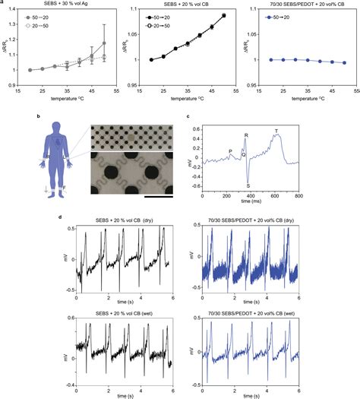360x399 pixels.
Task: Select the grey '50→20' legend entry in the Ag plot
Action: (43, 15)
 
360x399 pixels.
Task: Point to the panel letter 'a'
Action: (3, 3)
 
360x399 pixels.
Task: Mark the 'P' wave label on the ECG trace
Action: (230, 152)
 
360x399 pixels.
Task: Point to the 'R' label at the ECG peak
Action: (245, 135)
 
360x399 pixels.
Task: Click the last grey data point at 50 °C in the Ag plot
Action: (104, 43)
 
